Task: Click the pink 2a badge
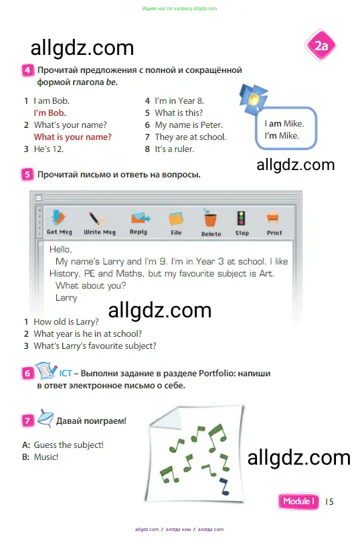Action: pos(320,46)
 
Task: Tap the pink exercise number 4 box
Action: pos(27,70)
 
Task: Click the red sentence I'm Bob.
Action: pos(50,112)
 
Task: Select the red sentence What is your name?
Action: pos(72,137)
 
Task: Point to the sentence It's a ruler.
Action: pos(175,149)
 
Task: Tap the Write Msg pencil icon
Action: pos(97,218)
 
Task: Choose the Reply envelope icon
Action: pos(140,218)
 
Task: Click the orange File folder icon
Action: pos(176,219)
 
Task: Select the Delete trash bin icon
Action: pos(211,218)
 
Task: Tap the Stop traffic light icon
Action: pos(242,218)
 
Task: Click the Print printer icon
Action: pos(272,218)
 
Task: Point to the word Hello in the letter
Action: pos(60,249)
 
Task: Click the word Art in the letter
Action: pos(266,274)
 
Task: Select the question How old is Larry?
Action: pos(66,322)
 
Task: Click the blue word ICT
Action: pos(66,374)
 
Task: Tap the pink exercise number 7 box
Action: pos(27,420)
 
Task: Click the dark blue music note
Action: pos(225,485)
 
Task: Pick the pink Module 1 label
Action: pos(298,502)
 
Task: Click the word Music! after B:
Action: pos(46,457)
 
